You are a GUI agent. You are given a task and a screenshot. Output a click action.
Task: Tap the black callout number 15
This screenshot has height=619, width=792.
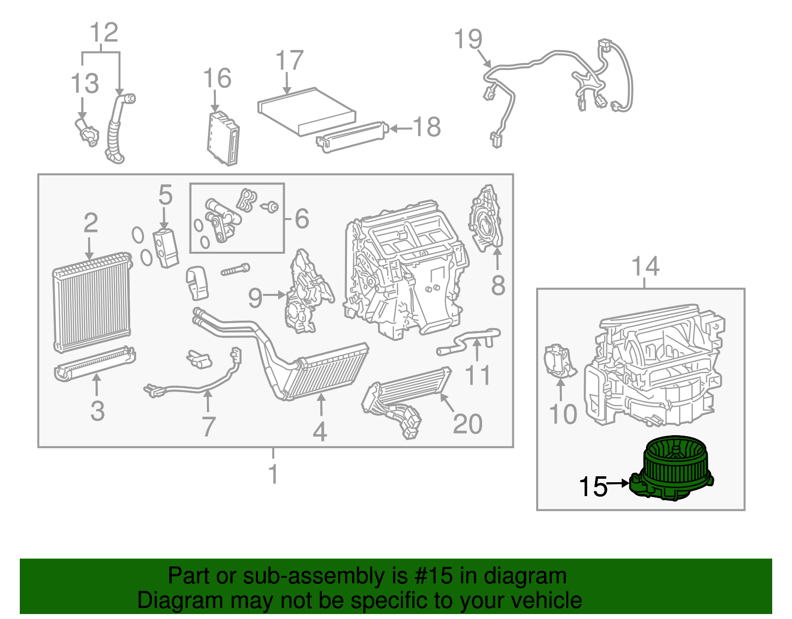click(593, 487)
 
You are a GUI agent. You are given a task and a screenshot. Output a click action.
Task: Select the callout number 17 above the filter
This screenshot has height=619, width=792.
click(289, 60)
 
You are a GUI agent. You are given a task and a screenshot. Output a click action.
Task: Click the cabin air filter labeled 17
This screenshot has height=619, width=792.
click(307, 112)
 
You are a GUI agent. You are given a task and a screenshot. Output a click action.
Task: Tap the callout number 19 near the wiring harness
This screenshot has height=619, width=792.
click(468, 39)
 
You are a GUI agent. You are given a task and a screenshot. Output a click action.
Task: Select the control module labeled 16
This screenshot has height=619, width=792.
click(223, 138)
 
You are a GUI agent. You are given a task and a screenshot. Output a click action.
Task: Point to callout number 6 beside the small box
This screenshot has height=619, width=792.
click(302, 219)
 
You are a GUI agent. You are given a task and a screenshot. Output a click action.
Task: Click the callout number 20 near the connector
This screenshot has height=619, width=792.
click(467, 424)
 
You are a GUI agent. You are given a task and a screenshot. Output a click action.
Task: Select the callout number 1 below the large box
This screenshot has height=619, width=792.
click(273, 474)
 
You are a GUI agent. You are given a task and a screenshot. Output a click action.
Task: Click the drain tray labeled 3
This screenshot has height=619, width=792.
click(94, 364)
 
